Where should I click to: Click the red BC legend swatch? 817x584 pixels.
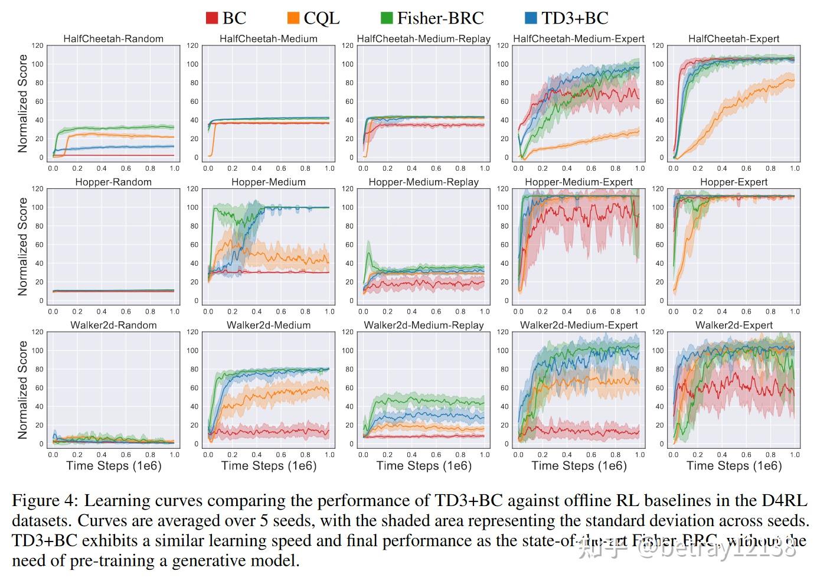[x=212, y=18]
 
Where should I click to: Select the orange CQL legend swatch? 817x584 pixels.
[x=293, y=18]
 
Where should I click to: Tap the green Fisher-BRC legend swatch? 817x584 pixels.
[x=387, y=18]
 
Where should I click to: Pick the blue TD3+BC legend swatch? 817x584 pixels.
[x=531, y=18]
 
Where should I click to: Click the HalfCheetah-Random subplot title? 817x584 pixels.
[x=113, y=39]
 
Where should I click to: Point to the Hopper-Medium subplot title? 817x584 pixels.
[x=269, y=182]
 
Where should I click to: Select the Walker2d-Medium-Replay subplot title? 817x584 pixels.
[x=423, y=325]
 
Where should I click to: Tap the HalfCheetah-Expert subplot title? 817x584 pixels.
[x=734, y=39]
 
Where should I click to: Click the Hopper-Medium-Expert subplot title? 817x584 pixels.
[x=579, y=182]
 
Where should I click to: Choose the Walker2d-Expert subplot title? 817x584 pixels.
[x=734, y=325]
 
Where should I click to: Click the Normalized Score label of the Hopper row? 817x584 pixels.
[x=23, y=246]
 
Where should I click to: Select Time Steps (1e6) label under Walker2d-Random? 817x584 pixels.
[x=113, y=466]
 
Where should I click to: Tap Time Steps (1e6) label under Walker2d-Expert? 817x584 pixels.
[x=734, y=466]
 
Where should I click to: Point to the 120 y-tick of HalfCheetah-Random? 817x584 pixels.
[x=37, y=45]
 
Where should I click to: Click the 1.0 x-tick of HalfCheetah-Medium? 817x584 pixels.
[x=329, y=168]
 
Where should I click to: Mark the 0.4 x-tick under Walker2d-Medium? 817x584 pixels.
[x=257, y=455]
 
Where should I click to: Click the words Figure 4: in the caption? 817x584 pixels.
[x=44, y=501]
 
